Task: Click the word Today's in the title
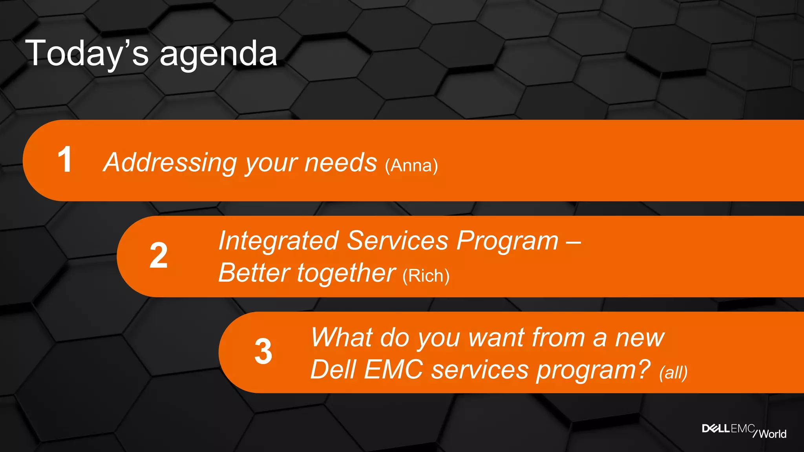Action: pos(87,54)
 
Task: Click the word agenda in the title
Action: pos(218,55)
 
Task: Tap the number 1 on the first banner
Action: pos(65,160)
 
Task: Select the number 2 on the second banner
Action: pos(159,256)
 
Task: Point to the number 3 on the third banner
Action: pos(263,352)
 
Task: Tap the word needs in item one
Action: pos(340,162)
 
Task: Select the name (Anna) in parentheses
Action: pos(411,166)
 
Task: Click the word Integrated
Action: pos(278,241)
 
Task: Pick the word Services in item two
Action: pos(397,241)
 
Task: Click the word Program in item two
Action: pos(507,241)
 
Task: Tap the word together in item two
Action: pos(346,273)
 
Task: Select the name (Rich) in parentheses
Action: pos(426,276)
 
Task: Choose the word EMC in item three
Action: pos(393,370)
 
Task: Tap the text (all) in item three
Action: pos(673,373)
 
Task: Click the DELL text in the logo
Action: pos(716,428)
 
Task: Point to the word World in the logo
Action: pos(772,434)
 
